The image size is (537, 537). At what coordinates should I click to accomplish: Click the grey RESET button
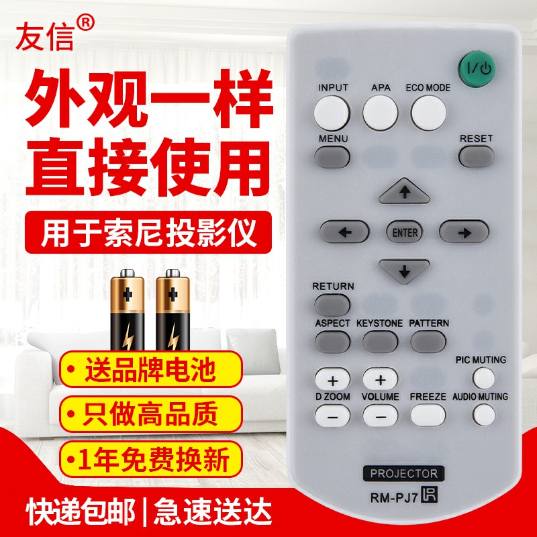tap(477, 156)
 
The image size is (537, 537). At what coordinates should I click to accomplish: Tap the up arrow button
tap(403, 193)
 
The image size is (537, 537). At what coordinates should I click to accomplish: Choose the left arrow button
tap(344, 232)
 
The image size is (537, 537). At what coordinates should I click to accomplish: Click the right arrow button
tap(464, 232)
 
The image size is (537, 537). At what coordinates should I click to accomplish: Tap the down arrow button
tap(403, 271)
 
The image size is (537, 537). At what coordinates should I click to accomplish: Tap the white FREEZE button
tap(428, 416)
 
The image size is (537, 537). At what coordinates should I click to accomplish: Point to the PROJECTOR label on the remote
tap(404, 474)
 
